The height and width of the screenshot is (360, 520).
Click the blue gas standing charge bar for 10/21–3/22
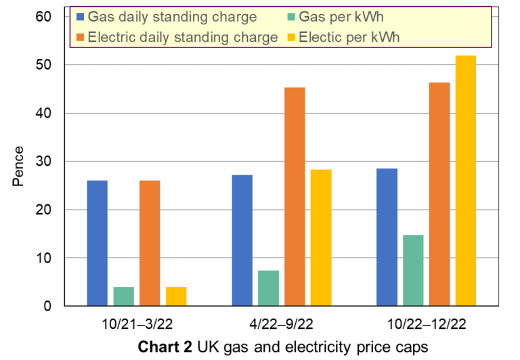coord(97,243)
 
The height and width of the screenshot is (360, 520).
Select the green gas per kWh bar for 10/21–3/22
coord(123,296)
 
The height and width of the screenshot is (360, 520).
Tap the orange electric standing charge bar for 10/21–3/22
coord(150,243)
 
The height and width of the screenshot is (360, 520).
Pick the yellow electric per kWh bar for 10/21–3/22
coord(176,296)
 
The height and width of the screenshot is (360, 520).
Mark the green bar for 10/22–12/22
coord(412,271)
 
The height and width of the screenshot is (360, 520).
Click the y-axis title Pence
coord(20,166)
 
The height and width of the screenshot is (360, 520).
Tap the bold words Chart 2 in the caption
coord(164,347)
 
